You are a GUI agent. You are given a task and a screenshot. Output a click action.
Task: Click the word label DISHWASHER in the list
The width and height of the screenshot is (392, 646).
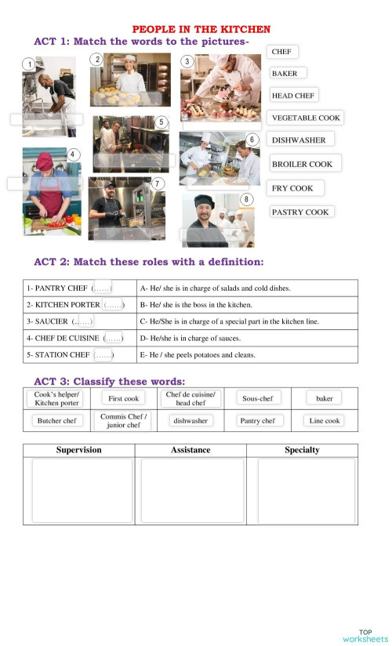tap(299, 140)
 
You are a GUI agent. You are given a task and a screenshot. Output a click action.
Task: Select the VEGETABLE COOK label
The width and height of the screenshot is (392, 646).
tap(306, 118)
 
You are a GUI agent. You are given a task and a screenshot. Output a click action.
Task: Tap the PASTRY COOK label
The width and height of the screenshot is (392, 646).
tap(300, 212)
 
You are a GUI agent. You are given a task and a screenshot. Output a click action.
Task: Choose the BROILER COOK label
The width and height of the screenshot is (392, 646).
tap(302, 165)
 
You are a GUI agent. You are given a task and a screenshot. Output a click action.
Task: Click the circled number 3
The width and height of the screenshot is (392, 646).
tap(187, 61)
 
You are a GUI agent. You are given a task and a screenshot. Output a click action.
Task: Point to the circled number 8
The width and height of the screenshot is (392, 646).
tap(246, 200)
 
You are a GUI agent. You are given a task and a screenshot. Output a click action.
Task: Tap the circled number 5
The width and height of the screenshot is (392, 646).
tap(161, 122)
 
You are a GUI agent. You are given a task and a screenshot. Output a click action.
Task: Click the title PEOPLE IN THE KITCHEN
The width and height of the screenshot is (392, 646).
tap(201, 29)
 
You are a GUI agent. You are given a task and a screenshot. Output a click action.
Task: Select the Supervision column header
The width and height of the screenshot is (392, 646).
tap(78, 450)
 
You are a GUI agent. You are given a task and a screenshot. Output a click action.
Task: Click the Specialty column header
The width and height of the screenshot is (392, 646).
tap(302, 450)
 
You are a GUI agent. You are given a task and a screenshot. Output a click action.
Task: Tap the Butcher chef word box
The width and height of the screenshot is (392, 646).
tap(57, 421)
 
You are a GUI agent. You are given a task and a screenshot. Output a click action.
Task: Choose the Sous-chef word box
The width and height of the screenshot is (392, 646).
tap(258, 398)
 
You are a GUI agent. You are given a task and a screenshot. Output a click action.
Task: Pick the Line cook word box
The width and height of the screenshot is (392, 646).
tap(325, 421)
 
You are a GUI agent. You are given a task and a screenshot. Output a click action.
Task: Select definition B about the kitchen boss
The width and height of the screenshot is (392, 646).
tap(196, 304)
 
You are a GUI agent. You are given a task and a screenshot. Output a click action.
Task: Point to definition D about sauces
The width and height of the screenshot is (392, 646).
tap(191, 338)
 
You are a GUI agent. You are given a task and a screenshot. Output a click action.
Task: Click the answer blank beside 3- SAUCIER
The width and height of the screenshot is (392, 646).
tap(82, 321)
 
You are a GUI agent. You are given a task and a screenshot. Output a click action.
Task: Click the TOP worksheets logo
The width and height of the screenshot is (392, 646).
tap(365, 635)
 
